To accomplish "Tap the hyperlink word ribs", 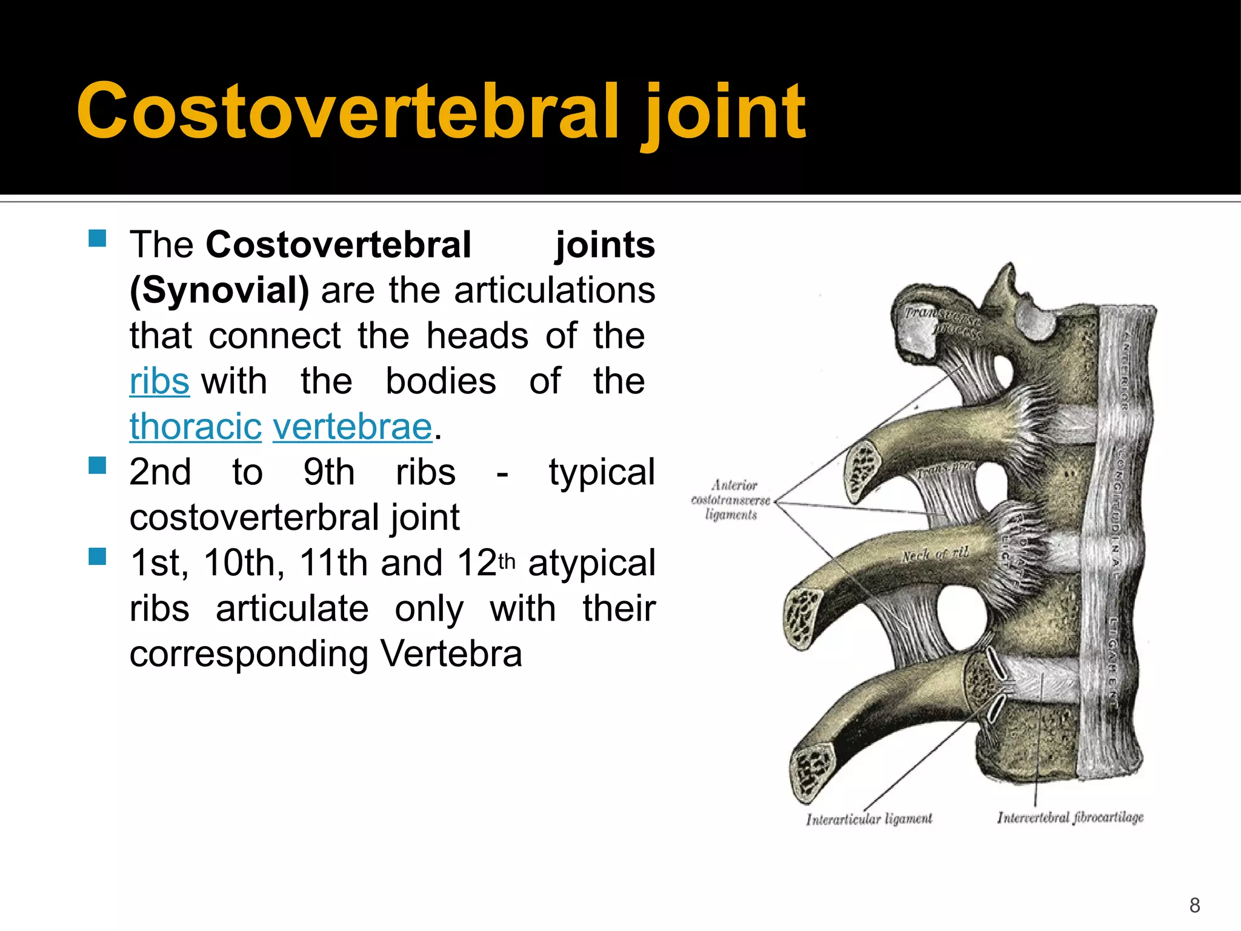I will tap(159, 382).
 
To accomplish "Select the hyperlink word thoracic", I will tap(195, 427).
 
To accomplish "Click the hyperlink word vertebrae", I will tap(353, 427).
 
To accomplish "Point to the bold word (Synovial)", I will tap(219, 291).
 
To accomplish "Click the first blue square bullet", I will tap(97, 238).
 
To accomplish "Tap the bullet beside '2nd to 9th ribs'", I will tap(97, 465).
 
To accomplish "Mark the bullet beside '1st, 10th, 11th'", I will tap(97, 556).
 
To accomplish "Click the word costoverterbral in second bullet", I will tap(255, 518).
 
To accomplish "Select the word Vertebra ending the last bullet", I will tap(451, 654).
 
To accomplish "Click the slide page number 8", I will tap(1194, 905).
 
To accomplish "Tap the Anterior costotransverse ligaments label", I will tap(731, 500).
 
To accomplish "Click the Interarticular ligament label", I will tap(869, 819).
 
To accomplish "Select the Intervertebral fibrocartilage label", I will tap(1070, 818).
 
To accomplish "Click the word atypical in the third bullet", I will tap(591, 563).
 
